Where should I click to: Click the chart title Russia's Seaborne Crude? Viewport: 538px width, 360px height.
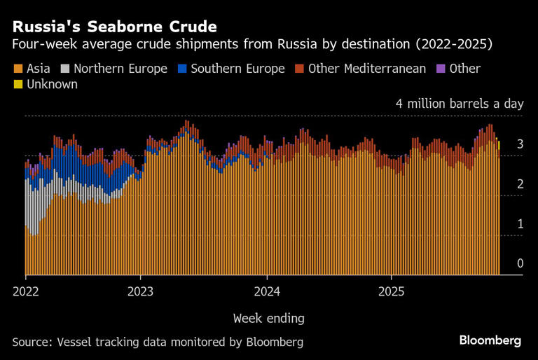(114, 27)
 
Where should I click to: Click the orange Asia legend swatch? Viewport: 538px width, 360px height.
(18, 69)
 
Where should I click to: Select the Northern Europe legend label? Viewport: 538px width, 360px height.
(120, 69)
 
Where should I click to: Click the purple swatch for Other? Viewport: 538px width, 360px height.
(441, 69)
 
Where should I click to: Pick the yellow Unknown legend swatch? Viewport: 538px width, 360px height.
(18, 84)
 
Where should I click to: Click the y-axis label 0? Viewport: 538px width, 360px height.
(520, 263)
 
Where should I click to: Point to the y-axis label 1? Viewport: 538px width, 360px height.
(520, 223)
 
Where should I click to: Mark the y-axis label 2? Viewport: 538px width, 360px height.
(520, 184)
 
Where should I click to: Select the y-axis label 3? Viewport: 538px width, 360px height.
(520, 144)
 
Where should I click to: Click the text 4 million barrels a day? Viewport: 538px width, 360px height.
(460, 104)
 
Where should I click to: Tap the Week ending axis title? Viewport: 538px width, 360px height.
(269, 318)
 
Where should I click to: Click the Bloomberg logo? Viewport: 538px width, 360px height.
(490, 340)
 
